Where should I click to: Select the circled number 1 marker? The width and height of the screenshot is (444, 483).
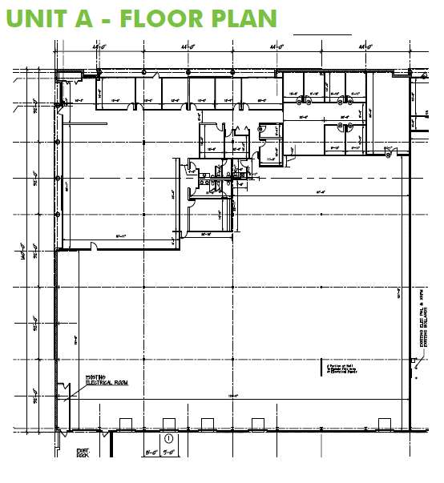click(169, 439)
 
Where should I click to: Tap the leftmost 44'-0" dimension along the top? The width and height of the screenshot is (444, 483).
click(99, 48)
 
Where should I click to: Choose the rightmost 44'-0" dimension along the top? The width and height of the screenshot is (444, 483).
click(366, 48)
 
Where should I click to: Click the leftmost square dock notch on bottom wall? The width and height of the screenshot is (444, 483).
click(124, 422)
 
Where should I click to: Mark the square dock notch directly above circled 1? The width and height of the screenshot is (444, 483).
click(169, 422)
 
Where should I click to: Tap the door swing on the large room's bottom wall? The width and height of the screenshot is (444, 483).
click(95, 244)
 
